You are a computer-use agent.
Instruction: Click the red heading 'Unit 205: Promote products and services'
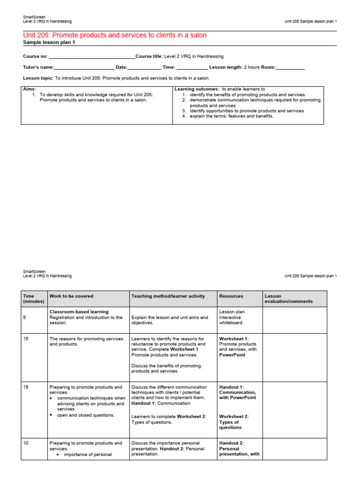coord(115,36)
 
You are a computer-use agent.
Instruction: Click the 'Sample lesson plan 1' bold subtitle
coord(49,43)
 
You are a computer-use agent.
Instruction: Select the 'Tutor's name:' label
coord(38,67)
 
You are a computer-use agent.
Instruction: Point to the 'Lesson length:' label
coord(223,67)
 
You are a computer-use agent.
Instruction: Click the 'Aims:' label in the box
coord(30,89)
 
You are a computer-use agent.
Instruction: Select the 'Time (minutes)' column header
coord(33,299)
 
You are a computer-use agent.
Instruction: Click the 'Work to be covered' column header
coord(71,296)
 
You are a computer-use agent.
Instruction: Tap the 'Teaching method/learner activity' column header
coord(168,296)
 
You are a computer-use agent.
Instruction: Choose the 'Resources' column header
coord(231,296)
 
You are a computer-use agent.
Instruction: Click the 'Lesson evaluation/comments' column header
coord(288,299)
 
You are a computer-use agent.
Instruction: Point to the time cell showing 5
coord(24,317)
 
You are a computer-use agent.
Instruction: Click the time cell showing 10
coord(26,443)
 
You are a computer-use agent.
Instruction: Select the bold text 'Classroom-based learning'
coord(79,312)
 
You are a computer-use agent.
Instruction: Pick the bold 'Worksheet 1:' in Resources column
coord(234,338)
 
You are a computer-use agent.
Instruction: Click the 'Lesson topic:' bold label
coord(38,78)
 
